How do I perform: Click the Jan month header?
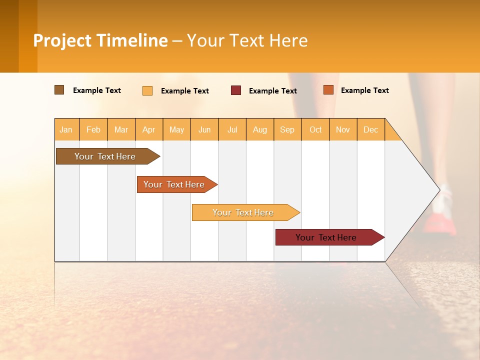point(66,129)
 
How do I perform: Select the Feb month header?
point(93,129)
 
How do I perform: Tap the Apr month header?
point(148,129)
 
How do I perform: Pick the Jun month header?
point(204,129)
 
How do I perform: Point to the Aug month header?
point(259,129)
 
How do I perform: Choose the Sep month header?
point(287,129)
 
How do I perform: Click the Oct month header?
point(315,129)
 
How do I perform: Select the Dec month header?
point(370,129)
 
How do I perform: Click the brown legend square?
point(59,90)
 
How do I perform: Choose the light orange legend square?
point(147,90)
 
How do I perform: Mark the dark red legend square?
point(236,90)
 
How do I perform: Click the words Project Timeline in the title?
point(100,40)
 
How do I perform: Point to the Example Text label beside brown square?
point(97,90)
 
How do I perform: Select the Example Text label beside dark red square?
point(273,91)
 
